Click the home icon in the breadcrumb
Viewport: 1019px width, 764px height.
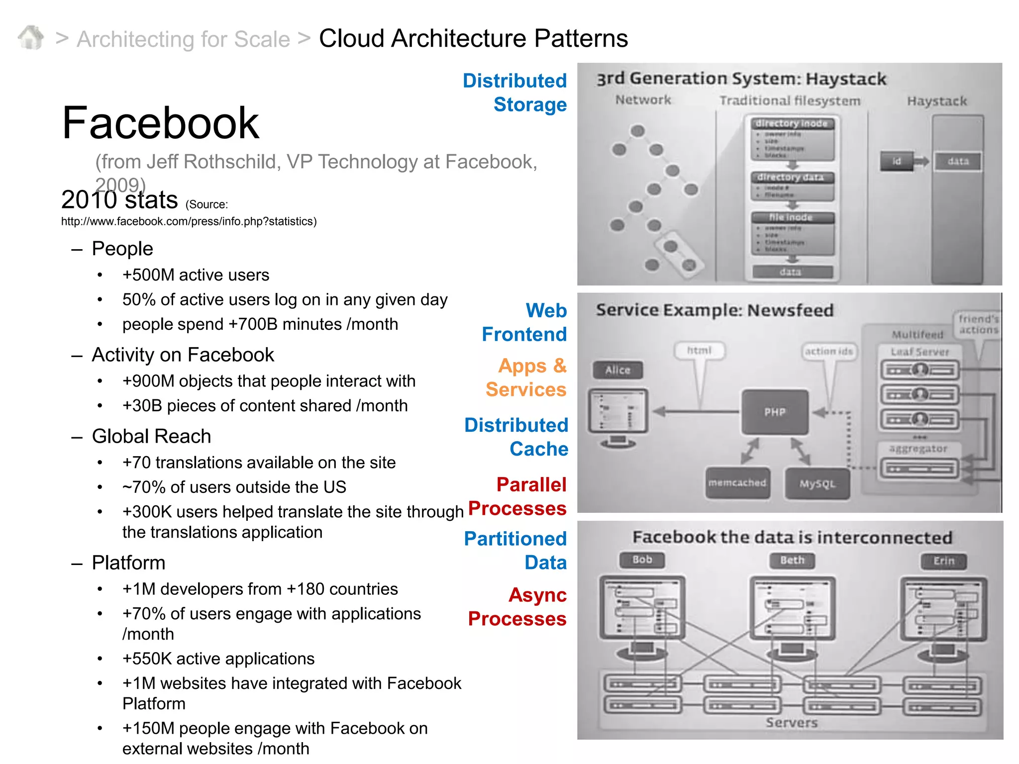(x=31, y=38)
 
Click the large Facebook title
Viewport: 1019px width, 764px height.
(x=160, y=123)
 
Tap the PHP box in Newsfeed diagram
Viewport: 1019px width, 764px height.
(x=775, y=412)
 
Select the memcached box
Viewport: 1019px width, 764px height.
(x=737, y=482)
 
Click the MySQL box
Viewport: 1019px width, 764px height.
(x=817, y=483)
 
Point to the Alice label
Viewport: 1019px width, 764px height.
(x=617, y=370)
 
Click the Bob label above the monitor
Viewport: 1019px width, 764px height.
(x=642, y=560)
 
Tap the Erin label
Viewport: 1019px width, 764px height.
(x=943, y=561)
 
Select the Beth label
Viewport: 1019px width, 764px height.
(x=792, y=560)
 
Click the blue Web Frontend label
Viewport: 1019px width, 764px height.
(x=525, y=322)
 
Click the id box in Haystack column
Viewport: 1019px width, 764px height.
(x=897, y=161)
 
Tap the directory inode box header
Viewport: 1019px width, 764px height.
(x=791, y=123)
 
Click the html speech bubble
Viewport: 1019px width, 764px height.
(x=699, y=350)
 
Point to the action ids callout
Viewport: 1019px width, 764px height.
(x=828, y=351)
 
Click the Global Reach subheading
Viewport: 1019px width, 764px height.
(x=151, y=436)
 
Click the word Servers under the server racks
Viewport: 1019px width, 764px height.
(x=791, y=722)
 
